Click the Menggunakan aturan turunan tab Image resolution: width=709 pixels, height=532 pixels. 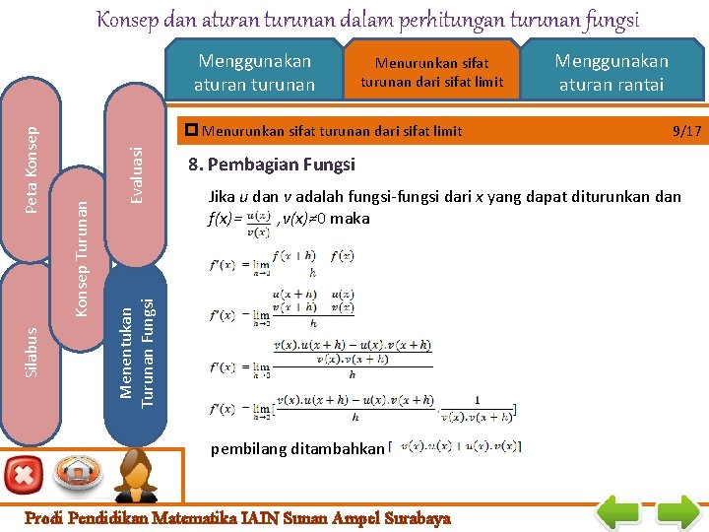click(x=254, y=73)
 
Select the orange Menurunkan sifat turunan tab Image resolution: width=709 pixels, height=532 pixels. click(x=430, y=73)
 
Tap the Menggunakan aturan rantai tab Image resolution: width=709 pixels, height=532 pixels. click(x=611, y=73)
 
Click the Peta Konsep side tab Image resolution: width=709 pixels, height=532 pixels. click(x=32, y=167)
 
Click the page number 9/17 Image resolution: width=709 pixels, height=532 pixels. click(x=685, y=130)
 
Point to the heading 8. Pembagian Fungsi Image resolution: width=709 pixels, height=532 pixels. click(x=272, y=165)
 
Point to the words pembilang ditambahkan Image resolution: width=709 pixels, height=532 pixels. click(x=296, y=448)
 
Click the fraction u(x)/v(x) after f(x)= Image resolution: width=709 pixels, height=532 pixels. click(x=258, y=223)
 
